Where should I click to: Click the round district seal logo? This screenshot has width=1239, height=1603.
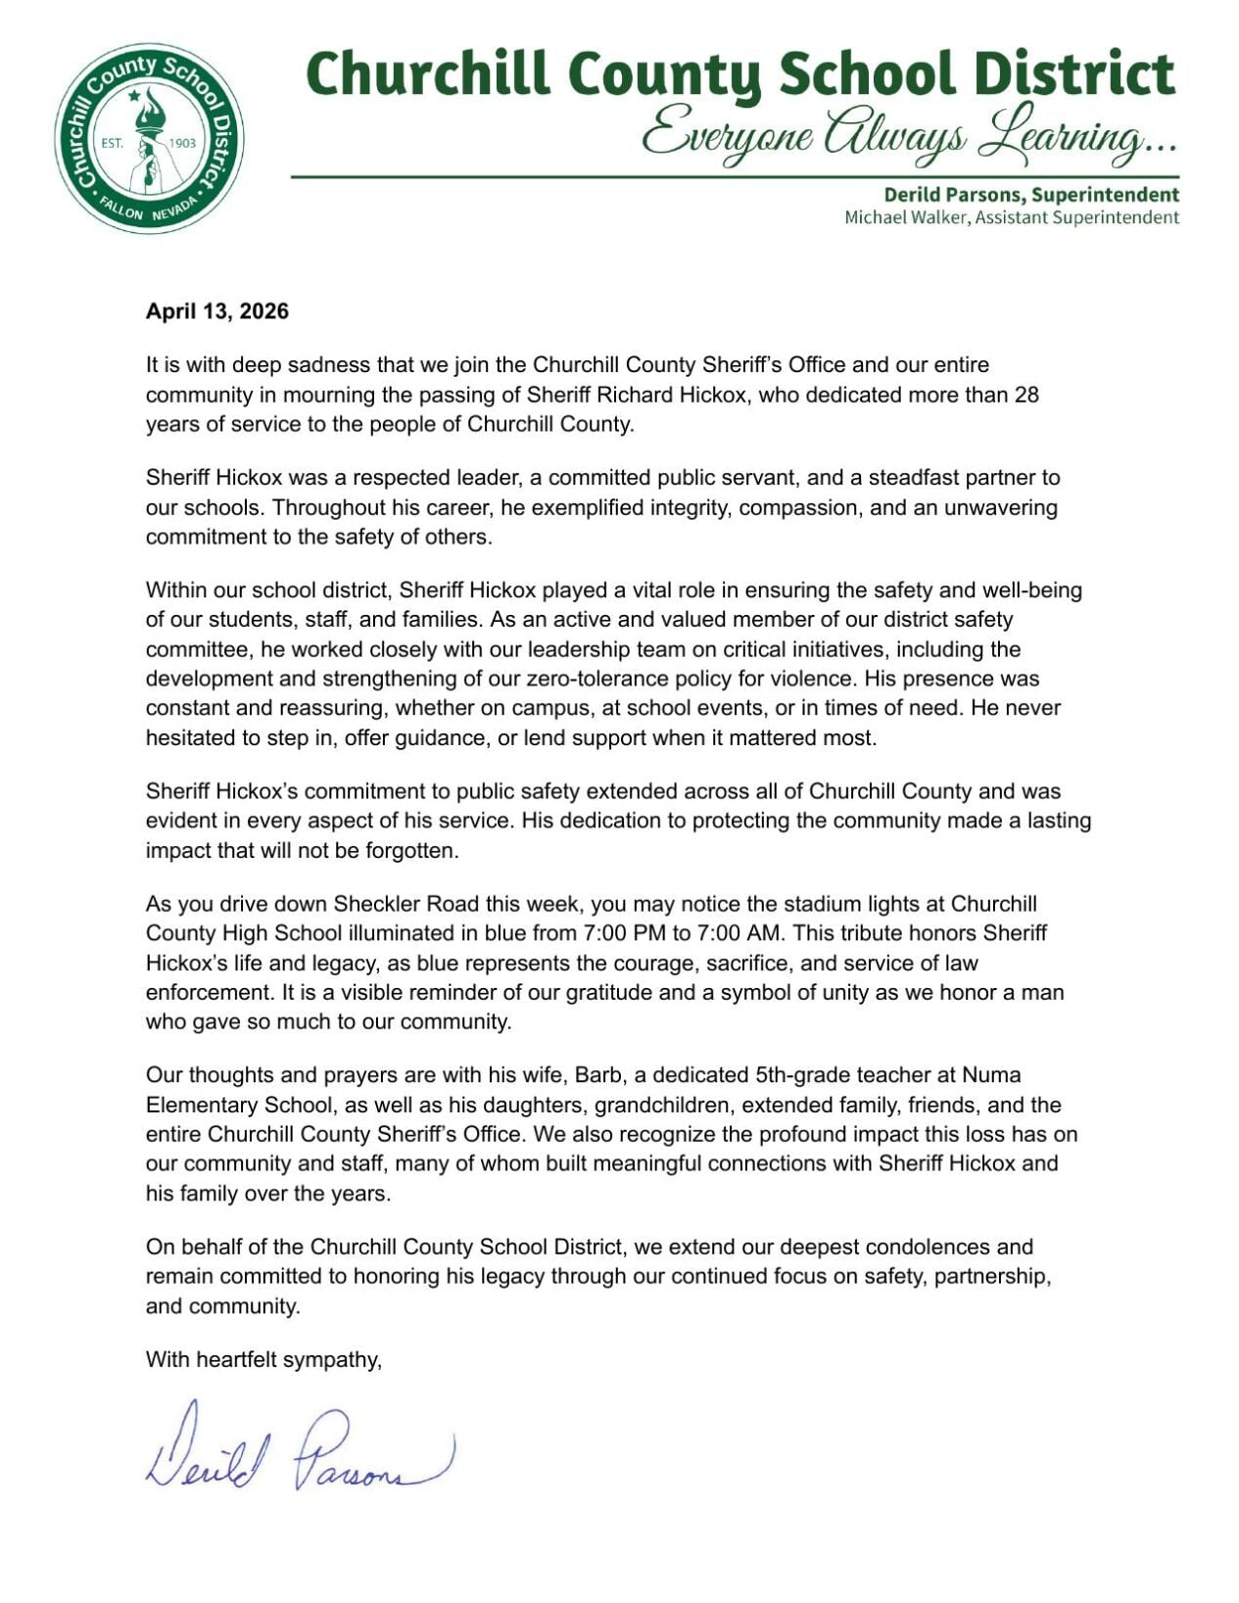click(x=149, y=138)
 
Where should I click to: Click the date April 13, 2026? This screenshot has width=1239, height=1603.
click(x=216, y=311)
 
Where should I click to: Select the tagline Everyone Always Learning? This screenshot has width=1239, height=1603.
click(x=908, y=134)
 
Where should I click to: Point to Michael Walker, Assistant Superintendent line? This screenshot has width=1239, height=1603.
click(x=1011, y=217)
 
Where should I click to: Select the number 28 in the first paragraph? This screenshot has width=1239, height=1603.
click(x=1025, y=395)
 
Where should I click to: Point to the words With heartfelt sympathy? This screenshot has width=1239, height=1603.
click(x=262, y=1359)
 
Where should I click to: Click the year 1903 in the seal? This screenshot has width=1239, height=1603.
click(x=183, y=143)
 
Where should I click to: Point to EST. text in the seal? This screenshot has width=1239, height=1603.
click(x=113, y=143)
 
